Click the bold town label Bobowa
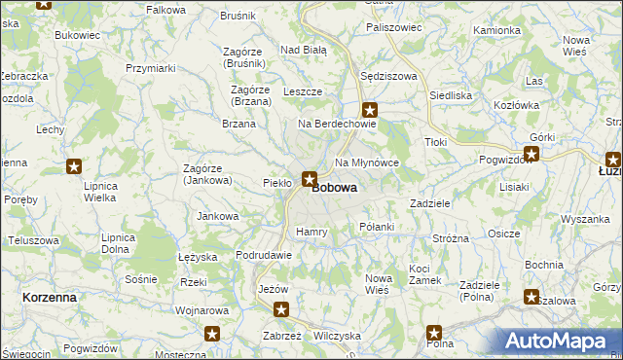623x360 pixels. [334, 188]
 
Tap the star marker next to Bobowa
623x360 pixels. [310, 178]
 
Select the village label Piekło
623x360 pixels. [277, 182]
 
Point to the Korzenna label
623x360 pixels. [50, 297]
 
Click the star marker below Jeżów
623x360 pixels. [281, 310]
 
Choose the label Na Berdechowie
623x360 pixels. [337, 124]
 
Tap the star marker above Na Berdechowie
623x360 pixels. [370, 110]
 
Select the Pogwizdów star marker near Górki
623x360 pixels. [531, 153]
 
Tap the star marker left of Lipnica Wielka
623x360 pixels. [74, 167]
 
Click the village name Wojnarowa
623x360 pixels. [201, 311]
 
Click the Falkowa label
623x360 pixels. [165, 10]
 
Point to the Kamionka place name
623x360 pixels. [496, 30]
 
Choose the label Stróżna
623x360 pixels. [451, 237]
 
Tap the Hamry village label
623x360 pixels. [311, 232]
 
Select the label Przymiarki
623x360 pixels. [150, 68]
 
